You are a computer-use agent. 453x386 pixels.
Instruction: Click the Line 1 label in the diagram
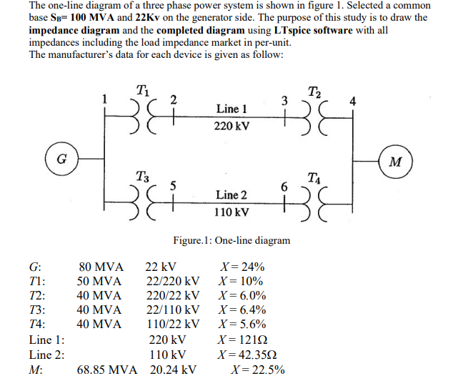click(232, 109)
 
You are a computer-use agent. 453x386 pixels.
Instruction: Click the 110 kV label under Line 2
click(232, 212)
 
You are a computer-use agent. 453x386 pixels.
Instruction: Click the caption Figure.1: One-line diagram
click(232, 240)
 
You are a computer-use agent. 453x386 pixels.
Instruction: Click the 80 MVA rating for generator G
click(100, 267)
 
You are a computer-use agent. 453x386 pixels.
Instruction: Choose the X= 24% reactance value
click(244, 267)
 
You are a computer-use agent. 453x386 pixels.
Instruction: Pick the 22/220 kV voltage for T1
click(172, 281)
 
